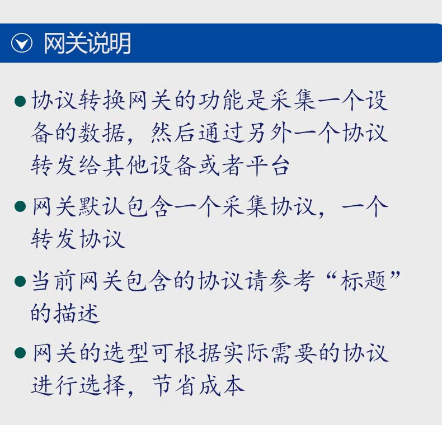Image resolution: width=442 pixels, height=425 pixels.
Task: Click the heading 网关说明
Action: [87, 43]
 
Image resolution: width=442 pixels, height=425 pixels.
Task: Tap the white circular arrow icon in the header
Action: [22, 43]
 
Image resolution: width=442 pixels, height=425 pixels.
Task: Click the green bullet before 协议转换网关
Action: [20, 101]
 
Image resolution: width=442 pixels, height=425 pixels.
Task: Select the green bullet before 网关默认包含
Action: [20, 206]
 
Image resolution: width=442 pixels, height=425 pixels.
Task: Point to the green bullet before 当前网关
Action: [20, 281]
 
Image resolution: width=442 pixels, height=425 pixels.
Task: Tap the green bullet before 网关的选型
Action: [20, 353]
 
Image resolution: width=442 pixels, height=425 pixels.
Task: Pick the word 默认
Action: [102, 206]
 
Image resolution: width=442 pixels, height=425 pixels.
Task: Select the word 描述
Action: [77, 313]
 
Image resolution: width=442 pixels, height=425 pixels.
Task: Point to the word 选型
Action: [126, 353]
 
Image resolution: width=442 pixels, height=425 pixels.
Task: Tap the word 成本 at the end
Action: [222, 385]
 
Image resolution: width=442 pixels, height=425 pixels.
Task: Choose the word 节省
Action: [174, 385]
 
